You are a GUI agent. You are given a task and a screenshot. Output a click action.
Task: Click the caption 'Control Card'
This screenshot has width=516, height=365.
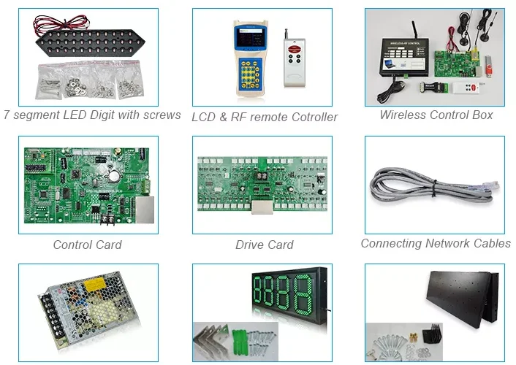click(x=87, y=245)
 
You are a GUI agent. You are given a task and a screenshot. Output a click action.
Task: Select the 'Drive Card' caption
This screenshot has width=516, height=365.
click(x=264, y=245)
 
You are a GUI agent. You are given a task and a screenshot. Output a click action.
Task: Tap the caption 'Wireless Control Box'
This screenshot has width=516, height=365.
click(x=436, y=115)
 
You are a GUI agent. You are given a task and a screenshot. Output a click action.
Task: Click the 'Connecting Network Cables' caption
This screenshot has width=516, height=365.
click(x=436, y=243)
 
